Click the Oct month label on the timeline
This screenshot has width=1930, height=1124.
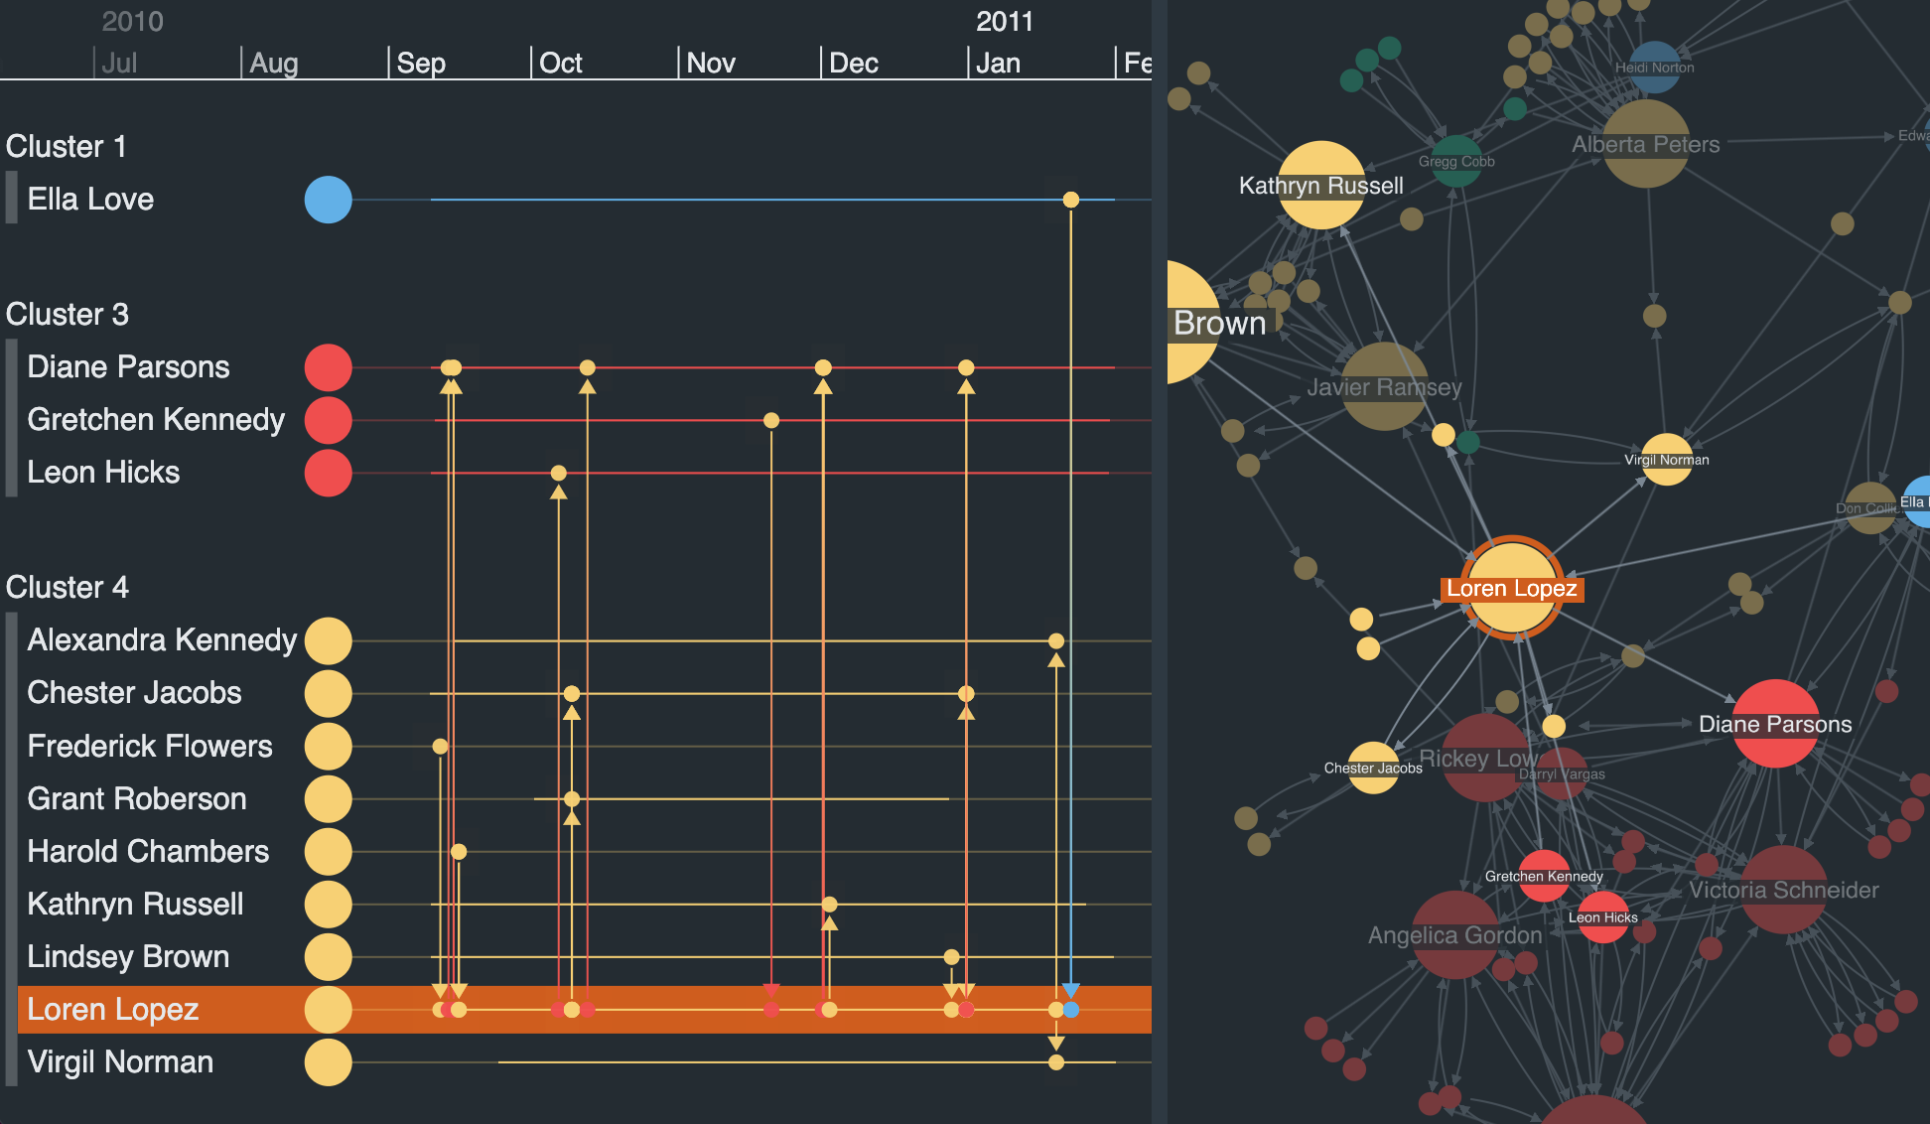560,63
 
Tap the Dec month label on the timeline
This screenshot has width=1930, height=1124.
853,63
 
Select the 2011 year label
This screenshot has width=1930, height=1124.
1004,21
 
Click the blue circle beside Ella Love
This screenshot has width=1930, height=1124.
328,200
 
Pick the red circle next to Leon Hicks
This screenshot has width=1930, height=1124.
328,473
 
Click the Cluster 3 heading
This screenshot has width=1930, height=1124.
68,314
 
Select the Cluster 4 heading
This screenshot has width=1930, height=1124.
68,587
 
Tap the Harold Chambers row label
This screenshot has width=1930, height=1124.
148,851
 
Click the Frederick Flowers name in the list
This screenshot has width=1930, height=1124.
150,746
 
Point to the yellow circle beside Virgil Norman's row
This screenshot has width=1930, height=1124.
328,1062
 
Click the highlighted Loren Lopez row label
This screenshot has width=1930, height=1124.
113,1009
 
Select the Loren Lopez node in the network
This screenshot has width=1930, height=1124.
1512,588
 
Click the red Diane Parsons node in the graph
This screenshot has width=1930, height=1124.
1775,723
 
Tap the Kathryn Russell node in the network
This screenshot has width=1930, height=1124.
1320,185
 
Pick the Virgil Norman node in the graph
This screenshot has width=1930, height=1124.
1667,459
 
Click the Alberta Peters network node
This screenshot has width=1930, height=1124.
1645,144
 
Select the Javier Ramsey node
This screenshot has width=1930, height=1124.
1384,386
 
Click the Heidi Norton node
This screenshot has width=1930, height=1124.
1654,67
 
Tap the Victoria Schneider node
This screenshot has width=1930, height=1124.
1784,890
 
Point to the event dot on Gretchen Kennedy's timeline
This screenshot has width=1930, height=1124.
771,420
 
